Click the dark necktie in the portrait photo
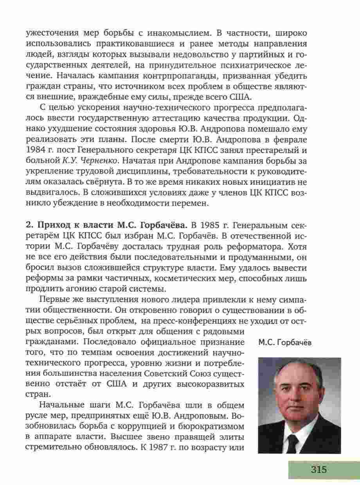pos(293,442)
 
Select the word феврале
pos(290,139)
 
